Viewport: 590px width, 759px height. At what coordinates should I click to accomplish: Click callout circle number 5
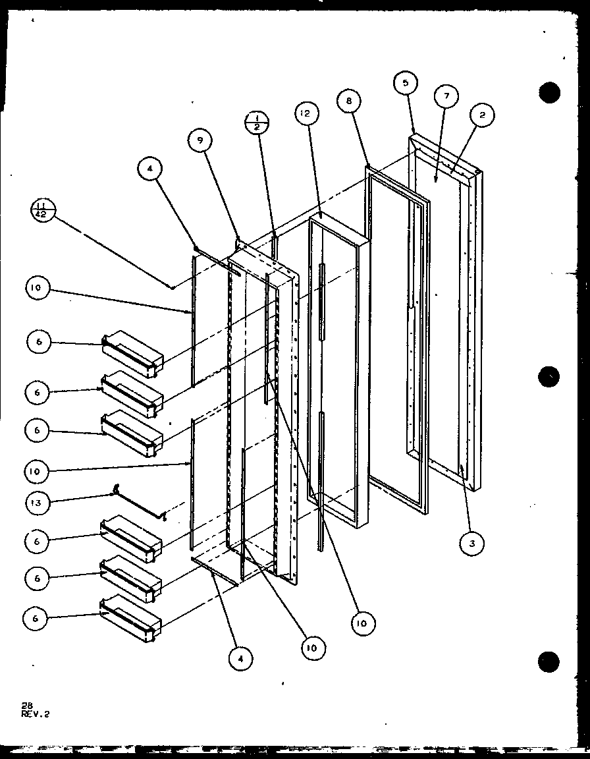406,83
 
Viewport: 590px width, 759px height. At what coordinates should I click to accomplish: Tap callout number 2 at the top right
482,115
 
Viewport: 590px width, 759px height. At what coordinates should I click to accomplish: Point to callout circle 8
348,101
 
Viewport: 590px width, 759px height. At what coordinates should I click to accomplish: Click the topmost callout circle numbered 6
39,342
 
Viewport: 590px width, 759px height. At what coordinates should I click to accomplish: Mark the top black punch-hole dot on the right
549,92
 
